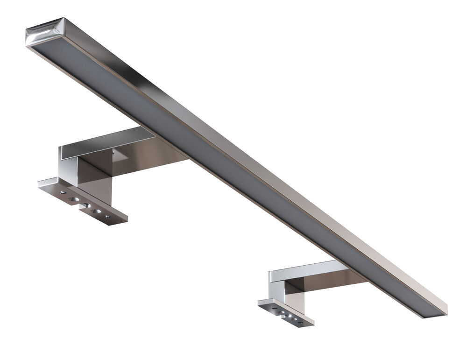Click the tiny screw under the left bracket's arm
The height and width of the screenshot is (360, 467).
113,152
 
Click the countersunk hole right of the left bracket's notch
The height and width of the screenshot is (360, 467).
96,211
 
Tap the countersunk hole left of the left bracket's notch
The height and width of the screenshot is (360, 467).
74,199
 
